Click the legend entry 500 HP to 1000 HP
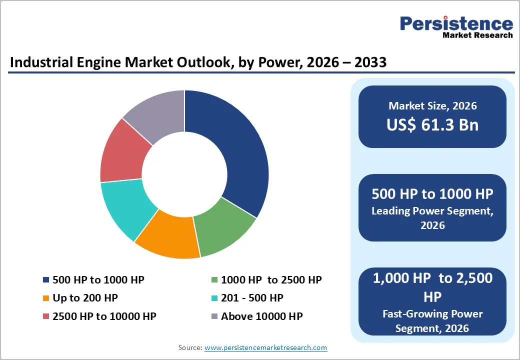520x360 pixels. (98, 280)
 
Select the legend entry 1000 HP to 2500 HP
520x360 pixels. (271, 280)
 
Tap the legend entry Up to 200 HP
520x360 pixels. (85, 298)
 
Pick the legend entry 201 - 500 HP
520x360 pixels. (252, 298)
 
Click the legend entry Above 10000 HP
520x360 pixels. (261, 316)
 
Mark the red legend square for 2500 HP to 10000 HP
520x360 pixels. (46, 316)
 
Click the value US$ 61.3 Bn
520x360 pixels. (432, 125)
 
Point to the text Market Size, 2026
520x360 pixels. (432, 106)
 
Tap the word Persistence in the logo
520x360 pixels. (456, 23)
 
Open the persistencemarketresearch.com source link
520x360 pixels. (265, 347)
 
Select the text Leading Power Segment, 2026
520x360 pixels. (432, 217)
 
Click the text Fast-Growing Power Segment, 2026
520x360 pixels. (432, 320)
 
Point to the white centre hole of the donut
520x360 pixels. (184, 174)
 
